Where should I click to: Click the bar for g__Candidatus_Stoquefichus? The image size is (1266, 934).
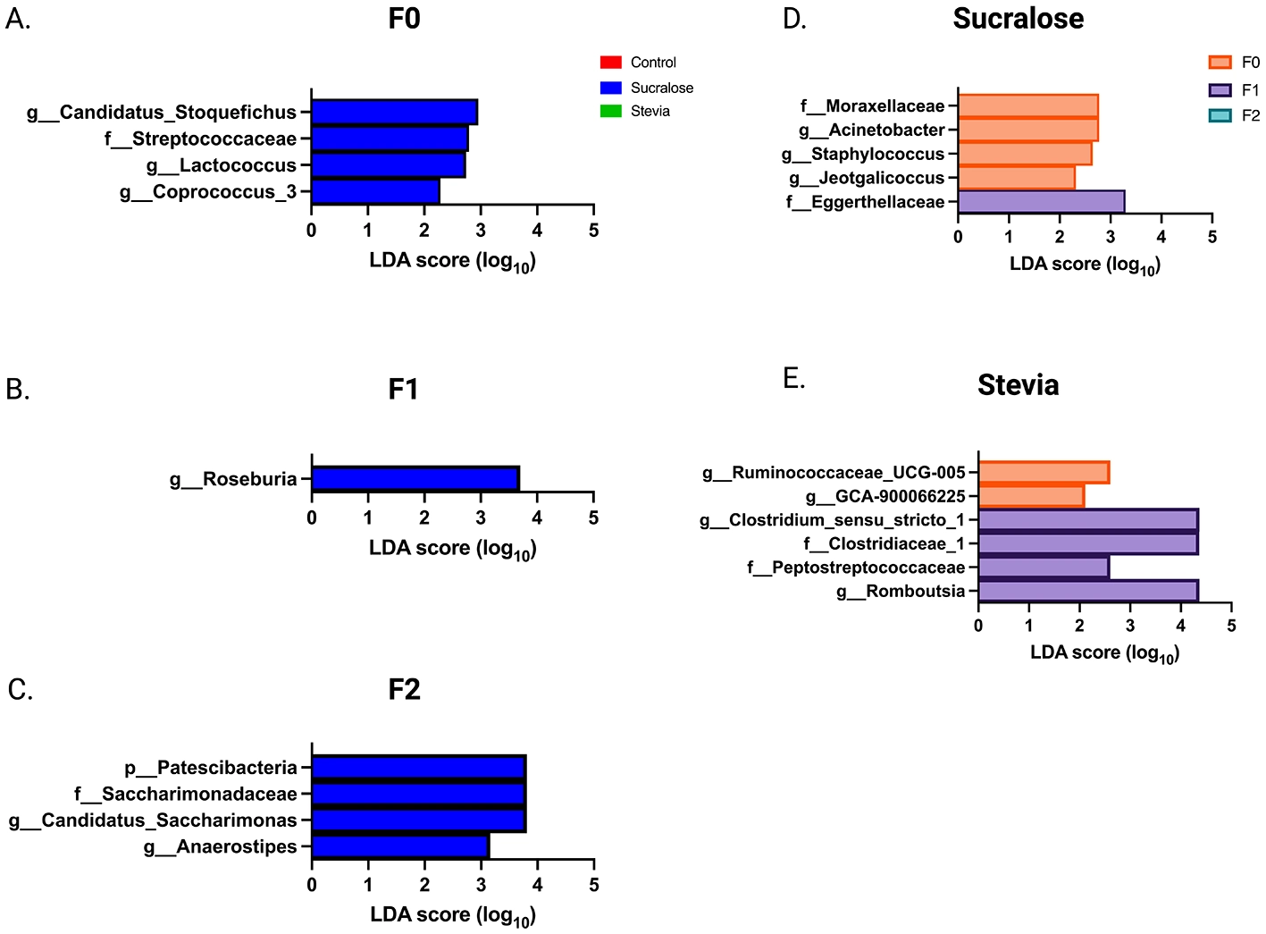[394, 113]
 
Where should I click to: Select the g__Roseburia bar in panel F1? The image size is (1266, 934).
[415, 479]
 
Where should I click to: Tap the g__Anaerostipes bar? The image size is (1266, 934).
[399, 846]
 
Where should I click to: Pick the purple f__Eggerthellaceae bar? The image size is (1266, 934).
[1041, 202]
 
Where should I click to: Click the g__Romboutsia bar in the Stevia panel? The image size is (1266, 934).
[1087, 591]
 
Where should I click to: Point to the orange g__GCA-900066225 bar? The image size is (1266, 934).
[1031, 496]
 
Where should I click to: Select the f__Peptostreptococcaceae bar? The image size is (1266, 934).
[1044, 568]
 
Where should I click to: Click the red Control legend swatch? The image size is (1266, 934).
[611, 63]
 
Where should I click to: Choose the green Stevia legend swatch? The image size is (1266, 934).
[611, 112]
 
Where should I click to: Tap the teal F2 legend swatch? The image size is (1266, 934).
[1220, 116]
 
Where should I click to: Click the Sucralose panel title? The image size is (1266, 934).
[1018, 19]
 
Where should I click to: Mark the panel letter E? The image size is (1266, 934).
[793, 379]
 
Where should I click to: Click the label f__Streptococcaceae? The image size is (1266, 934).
[200, 139]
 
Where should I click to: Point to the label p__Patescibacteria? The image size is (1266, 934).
[211, 768]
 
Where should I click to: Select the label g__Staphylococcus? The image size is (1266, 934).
[862, 155]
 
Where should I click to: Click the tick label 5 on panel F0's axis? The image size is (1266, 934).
[593, 231]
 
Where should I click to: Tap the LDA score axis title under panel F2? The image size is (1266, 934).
[452, 914]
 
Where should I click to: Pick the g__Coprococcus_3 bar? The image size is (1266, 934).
[375, 192]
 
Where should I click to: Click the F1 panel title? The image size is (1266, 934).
[404, 390]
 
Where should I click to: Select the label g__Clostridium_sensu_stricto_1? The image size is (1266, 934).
[832, 520]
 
